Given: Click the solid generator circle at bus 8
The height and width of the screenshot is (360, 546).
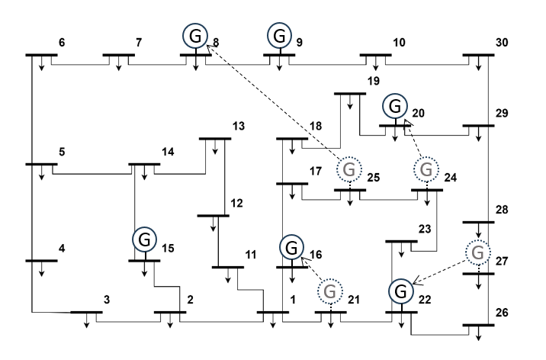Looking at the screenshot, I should (194, 35).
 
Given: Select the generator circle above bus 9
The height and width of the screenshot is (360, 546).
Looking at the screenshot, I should (280, 35).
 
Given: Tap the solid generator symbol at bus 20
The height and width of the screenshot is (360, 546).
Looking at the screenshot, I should (394, 105).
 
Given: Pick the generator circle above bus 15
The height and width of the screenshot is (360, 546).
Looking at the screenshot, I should (144, 239).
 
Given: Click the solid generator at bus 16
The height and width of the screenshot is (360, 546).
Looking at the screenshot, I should (291, 247).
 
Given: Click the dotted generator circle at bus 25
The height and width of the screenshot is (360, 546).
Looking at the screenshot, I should (348, 168).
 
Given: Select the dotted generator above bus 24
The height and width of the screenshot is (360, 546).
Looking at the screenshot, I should (426, 168).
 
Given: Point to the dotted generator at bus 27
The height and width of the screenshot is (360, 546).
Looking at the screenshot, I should (478, 252).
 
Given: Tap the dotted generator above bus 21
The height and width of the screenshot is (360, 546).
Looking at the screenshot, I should (329, 291).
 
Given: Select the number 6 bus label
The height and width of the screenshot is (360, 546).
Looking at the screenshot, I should (62, 42).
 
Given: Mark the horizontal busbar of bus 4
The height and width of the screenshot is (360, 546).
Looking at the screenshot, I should (41, 261).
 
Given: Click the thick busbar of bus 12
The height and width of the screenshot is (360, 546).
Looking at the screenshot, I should (213, 216).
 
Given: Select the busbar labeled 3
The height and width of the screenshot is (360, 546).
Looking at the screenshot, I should (86, 313).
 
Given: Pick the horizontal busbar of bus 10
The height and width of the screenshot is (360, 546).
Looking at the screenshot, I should (375, 55).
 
